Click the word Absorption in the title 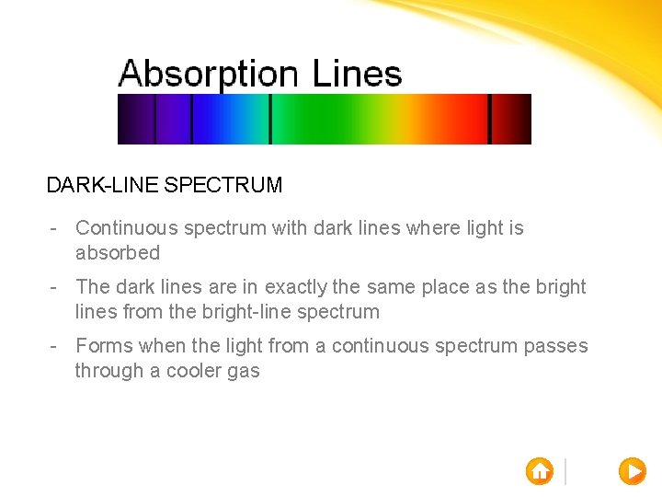(x=209, y=74)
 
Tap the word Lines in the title (x=357, y=73)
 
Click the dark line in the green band (x=269, y=119)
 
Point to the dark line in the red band (x=489, y=119)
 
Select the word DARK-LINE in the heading (x=102, y=185)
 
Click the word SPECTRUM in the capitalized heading (x=223, y=185)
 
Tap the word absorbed (x=118, y=252)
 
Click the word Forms (x=104, y=345)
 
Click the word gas (x=244, y=371)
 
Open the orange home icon (x=540, y=470)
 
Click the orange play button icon (x=632, y=470)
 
